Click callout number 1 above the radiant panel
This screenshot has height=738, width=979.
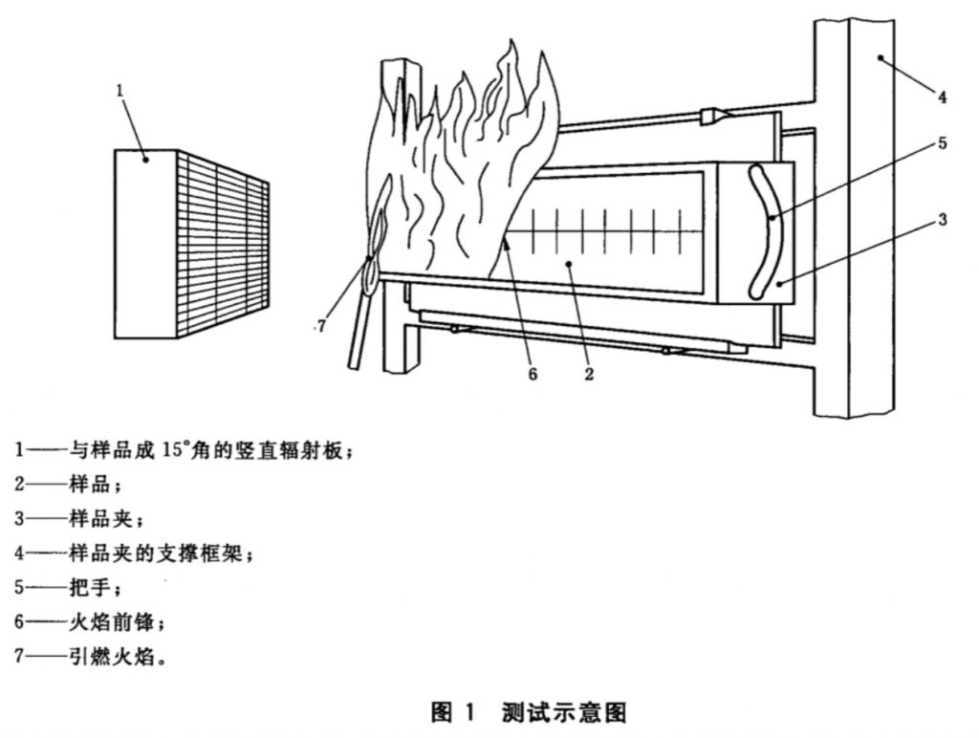(x=120, y=91)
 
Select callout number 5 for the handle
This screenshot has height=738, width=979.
(x=941, y=143)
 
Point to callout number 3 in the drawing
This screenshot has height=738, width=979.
(x=941, y=220)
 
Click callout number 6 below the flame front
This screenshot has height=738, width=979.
(x=533, y=374)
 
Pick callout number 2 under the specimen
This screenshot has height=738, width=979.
(x=589, y=374)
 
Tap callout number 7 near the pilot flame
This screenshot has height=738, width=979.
(x=321, y=326)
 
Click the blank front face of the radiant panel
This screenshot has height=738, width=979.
(x=145, y=244)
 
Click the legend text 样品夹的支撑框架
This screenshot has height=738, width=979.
(x=163, y=552)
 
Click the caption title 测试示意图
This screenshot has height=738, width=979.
(x=563, y=712)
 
